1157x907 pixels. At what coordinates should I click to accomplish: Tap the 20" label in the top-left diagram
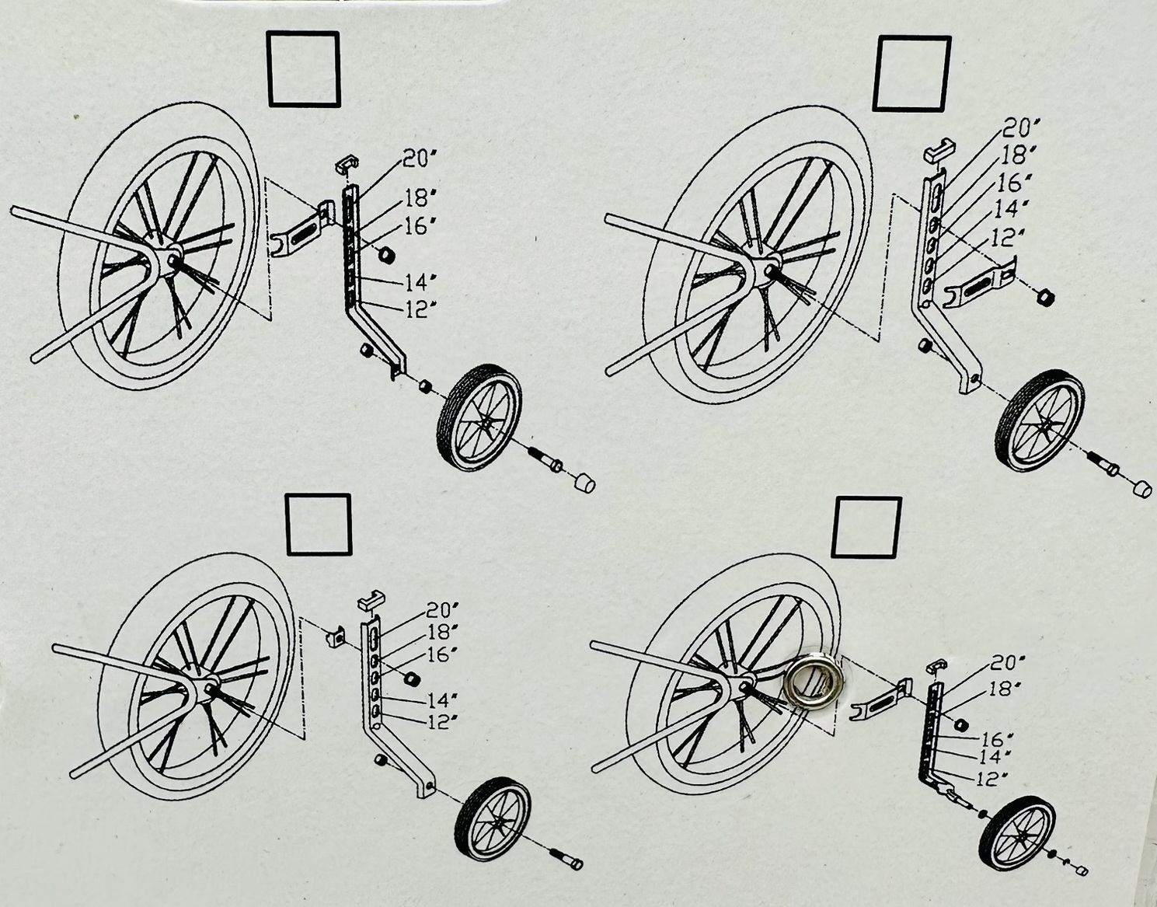click(419, 159)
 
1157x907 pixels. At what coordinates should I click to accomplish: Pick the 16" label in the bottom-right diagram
click(996, 738)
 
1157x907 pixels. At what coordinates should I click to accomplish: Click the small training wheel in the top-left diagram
click(478, 417)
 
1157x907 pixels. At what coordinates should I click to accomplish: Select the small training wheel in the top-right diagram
click(1040, 420)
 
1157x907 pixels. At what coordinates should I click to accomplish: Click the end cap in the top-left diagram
click(584, 483)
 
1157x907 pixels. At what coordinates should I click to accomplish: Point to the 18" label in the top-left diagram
click(416, 197)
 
